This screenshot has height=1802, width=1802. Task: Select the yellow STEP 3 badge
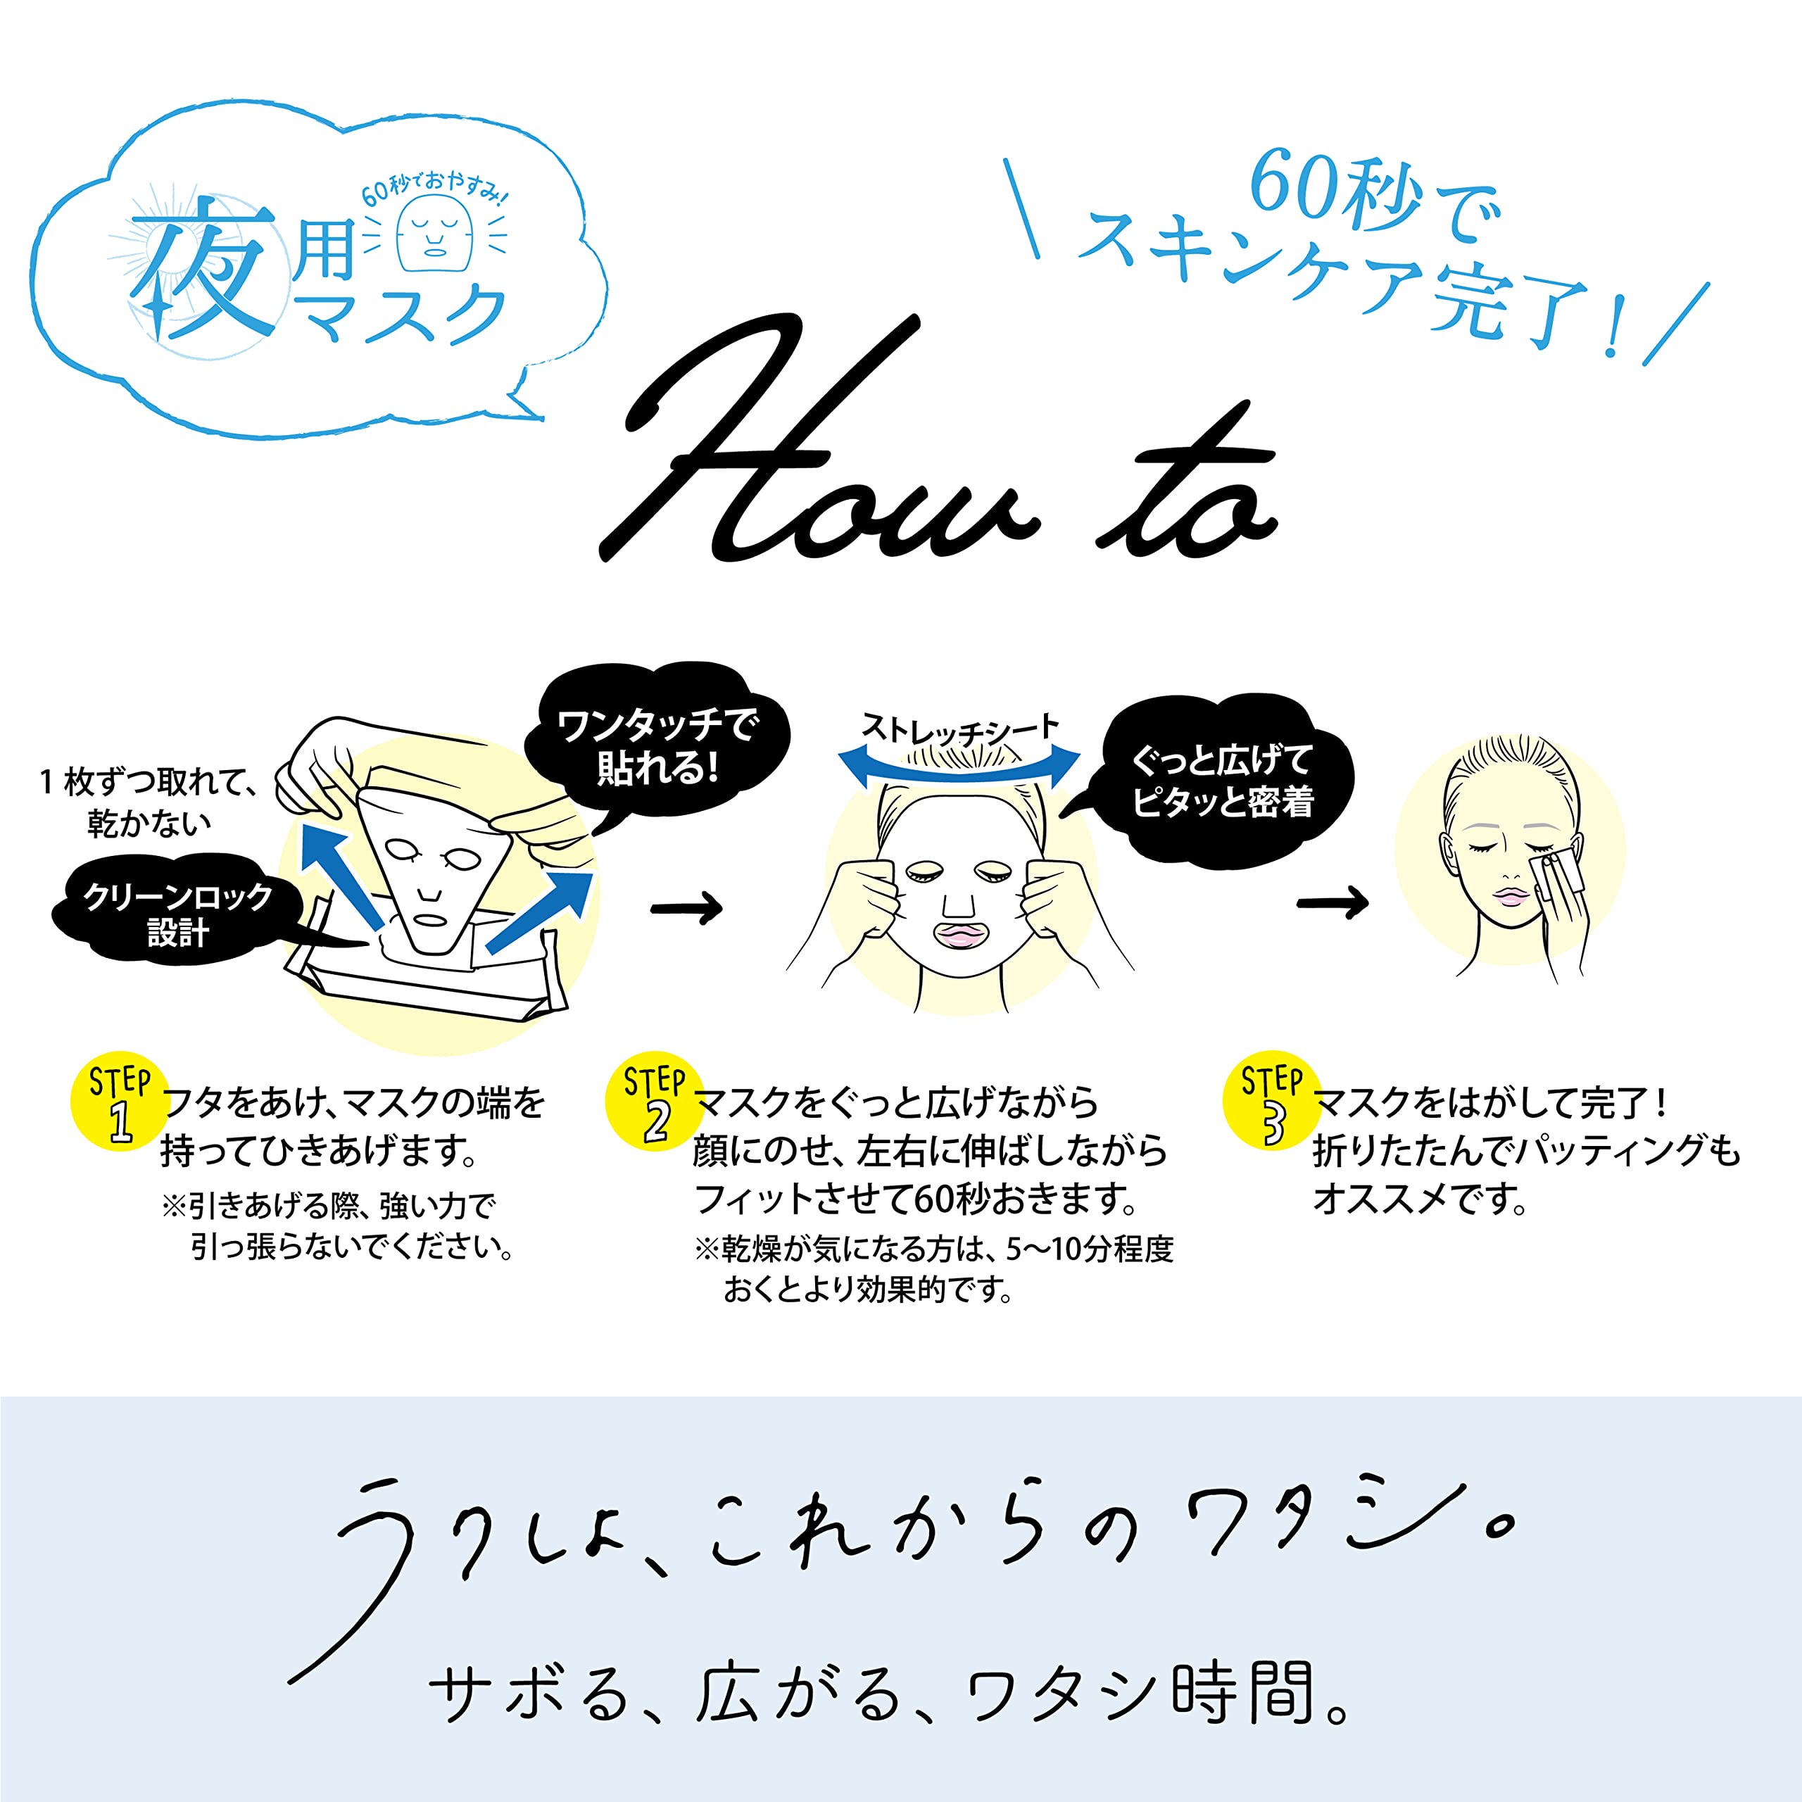[1271, 1102]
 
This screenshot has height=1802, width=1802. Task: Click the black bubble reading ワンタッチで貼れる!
[657, 746]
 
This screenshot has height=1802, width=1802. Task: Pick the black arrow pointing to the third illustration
[1332, 902]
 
